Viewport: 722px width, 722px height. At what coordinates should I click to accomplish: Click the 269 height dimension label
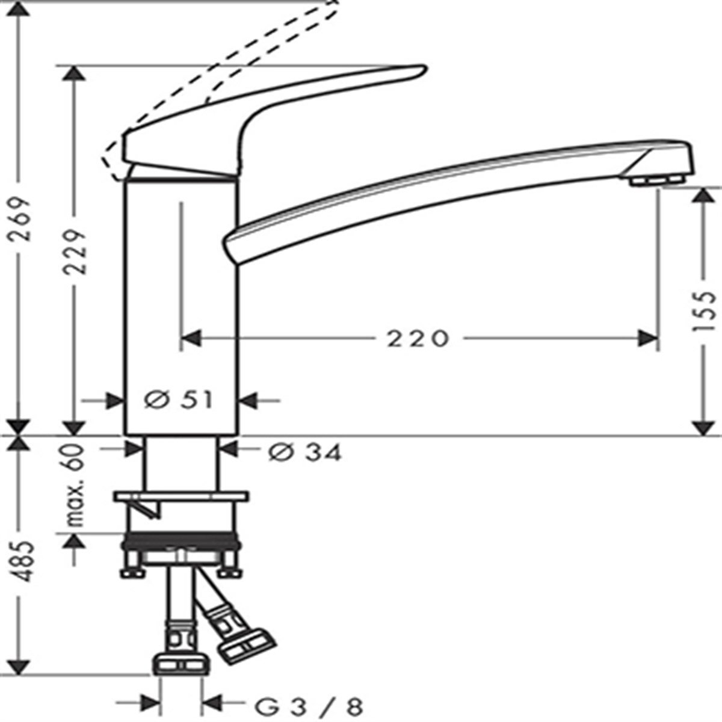19,220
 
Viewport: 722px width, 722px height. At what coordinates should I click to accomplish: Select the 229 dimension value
75,253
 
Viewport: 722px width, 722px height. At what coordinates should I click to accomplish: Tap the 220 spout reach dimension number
418,339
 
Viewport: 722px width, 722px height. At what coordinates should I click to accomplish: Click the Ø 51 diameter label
179,401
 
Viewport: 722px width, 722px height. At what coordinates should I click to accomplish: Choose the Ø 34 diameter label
305,453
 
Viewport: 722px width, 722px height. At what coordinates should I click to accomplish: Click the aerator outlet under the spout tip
657,181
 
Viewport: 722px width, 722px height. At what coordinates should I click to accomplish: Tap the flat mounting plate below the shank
181,496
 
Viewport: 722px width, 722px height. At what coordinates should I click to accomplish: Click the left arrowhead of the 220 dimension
191,339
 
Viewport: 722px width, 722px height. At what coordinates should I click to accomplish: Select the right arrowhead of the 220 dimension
647,339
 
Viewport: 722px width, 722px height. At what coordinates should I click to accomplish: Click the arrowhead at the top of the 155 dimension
703,196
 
